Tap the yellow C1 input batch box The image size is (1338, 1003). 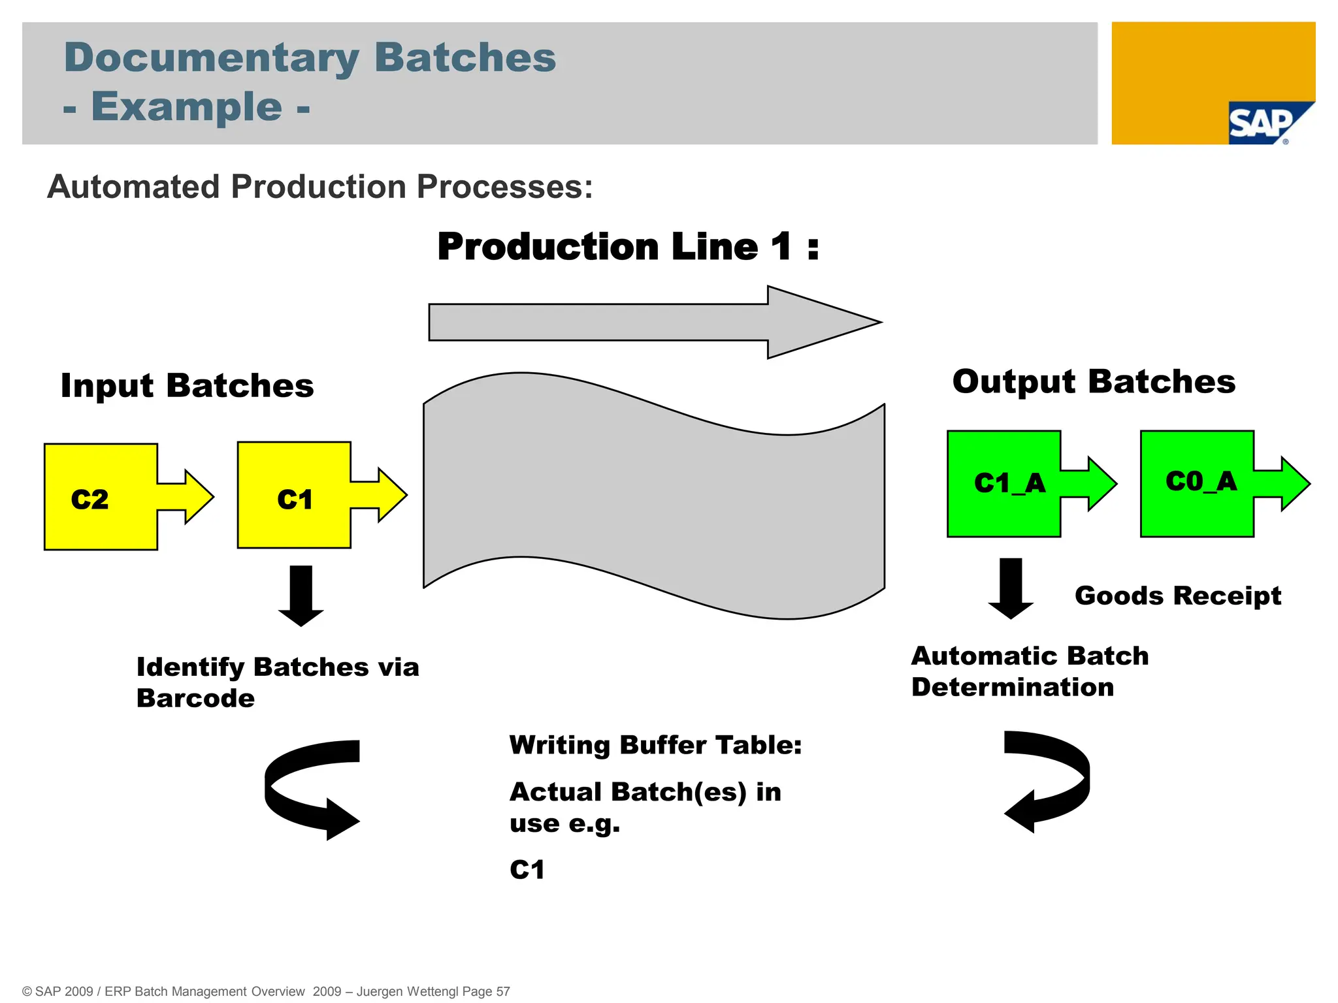(x=294, y=496)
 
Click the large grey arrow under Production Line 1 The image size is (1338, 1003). (x=653, y=322)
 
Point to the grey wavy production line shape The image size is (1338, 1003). (x=653, y=496)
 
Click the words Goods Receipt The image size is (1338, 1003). (x=1177, y=596)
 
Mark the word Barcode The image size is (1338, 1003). (x=195, y=698)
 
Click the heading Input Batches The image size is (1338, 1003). (x=187, y=385)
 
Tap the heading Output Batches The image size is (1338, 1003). (x=1094, y=381)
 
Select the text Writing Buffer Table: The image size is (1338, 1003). (x=655, y=745)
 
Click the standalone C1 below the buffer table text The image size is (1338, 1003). (x=527, y=870)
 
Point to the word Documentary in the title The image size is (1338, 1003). (x=212, y=57)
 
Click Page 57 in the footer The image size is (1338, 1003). (x=486, y=991)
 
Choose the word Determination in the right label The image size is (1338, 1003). (x=1013, y=687)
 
